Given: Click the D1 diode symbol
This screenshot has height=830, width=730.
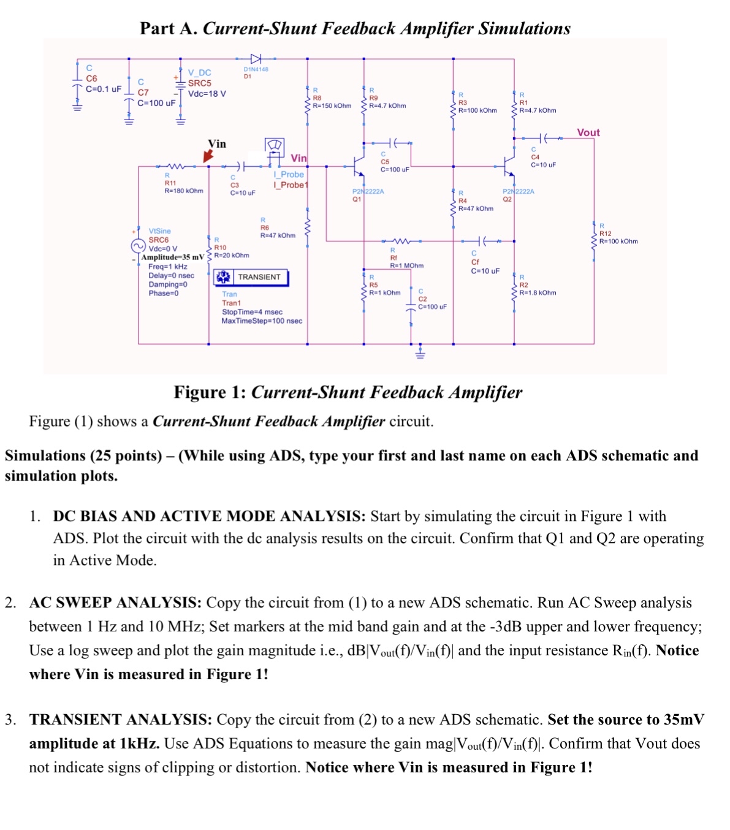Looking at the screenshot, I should (256, 59).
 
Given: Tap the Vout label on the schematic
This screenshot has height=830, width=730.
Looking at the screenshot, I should (588, 132).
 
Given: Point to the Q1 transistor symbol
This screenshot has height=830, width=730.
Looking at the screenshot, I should (357, 166).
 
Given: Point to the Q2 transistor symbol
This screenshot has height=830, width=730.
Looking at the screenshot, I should (507, 165).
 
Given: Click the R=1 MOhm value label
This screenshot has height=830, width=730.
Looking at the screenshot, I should (406, 265).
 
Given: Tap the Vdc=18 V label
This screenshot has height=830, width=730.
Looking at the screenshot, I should (207, 94).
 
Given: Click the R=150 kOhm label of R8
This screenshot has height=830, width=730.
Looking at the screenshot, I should (332, 105).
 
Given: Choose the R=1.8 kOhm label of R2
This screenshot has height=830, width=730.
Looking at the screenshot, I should (538, 292).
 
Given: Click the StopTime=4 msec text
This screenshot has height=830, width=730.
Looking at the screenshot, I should (252, 312).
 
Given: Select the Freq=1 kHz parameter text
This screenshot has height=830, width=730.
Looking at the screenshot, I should (167, 267).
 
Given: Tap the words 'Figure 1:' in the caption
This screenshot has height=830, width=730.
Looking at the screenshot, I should (210, 392).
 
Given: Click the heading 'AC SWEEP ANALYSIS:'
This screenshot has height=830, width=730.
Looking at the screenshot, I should (115, 603).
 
